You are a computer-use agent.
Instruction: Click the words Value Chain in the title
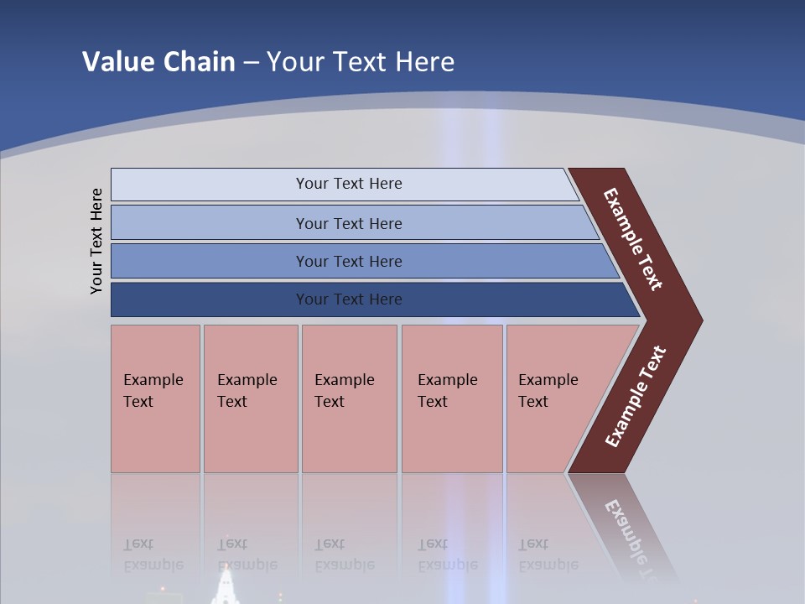click(x=158, y=61)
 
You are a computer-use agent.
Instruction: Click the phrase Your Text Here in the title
click(x=361, y=61)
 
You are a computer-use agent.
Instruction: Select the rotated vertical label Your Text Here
click(x=96, y=241)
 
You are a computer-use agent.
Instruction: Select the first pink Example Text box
click(x=155, y=398)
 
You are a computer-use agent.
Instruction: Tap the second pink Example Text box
click(x=251, y=398)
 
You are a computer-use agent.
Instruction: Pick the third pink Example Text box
click(x=349, y=398)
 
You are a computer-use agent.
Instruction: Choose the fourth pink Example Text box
click(x=452, y=398)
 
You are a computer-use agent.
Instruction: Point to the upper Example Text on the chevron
click(x=633, y=239)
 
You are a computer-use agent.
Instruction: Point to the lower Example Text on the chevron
click(x=636, y=397)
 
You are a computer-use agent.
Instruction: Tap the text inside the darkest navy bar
click(x=349, y=299)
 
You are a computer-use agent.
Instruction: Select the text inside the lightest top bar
click(x=349, y=184)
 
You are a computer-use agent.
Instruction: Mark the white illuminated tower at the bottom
click(x=226, y=586)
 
